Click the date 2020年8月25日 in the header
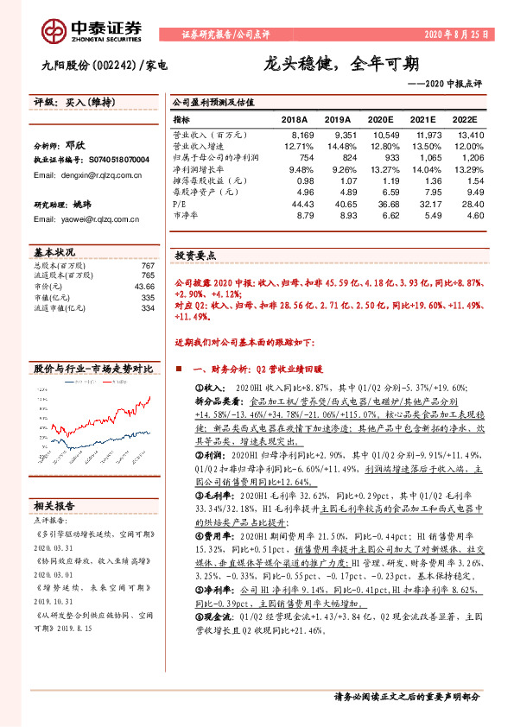457,35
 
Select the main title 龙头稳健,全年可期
342,64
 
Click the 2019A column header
339,121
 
